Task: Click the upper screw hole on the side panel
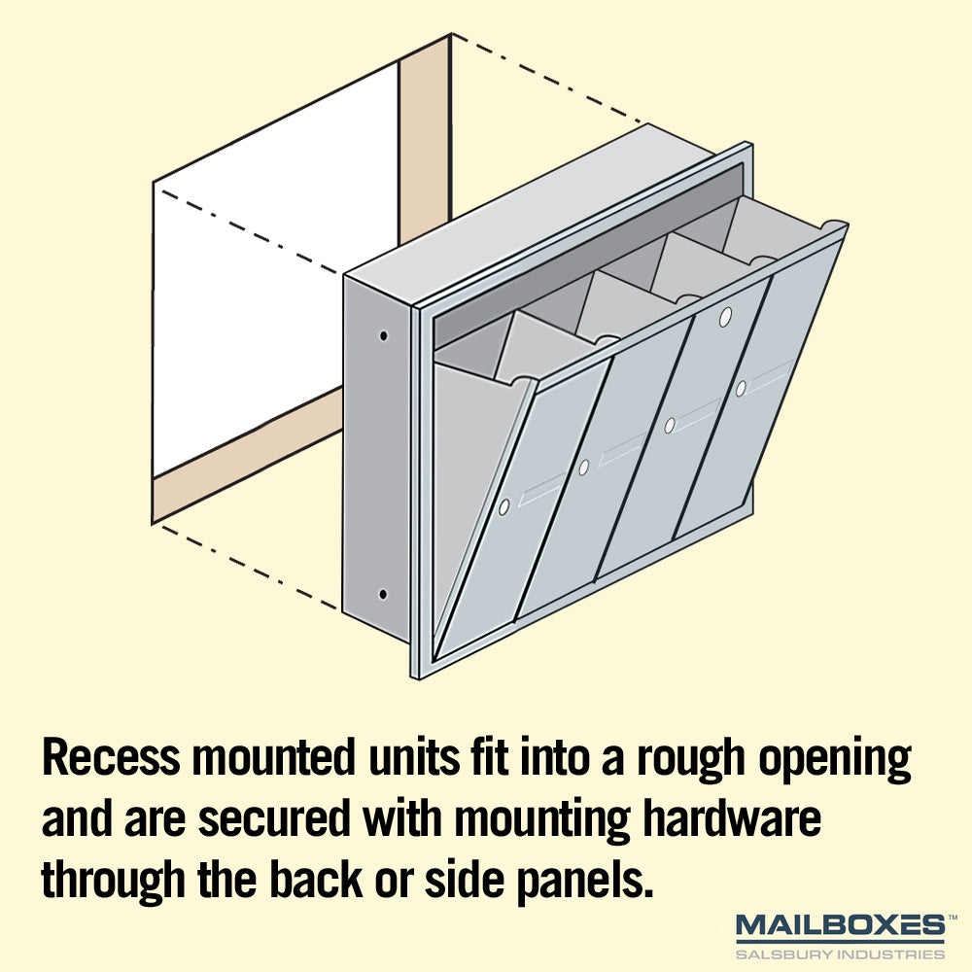[x=384, y=336]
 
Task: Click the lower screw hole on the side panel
[x=383, y=595]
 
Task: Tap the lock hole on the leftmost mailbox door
[x=503, y=507]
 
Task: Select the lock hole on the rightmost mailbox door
[x=741, y=389]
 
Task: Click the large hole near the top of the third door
[x=725, y=317]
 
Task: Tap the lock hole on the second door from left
[x=583, y=469]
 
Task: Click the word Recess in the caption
[x=111, y=757]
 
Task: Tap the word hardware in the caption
[x=731, y=818]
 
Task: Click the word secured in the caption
[x=274, y=818]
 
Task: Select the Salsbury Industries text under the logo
[x=840, y=954]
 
